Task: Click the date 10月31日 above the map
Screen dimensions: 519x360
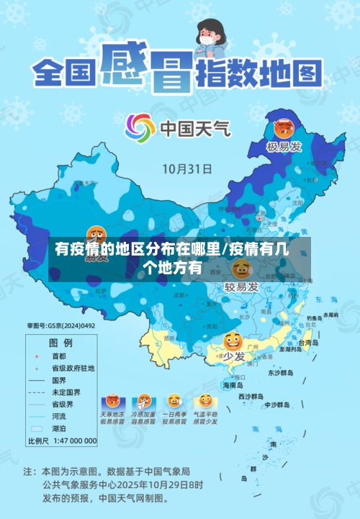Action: click(x=187, y=169)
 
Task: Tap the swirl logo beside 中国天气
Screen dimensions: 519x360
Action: click(x=140, y=128)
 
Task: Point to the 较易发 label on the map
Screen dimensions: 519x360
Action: click(x=241, y=287)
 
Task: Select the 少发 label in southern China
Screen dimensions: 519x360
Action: click(x=233, y=356)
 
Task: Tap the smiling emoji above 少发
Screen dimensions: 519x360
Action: click(x=233, y=340)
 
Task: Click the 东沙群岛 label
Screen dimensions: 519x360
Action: click(x=281, y=373)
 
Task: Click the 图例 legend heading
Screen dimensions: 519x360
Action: click(x=60, y=342)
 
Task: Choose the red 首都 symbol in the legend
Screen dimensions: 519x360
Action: click(x=36, y=356)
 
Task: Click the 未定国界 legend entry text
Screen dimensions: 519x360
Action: click(x=66, y=392)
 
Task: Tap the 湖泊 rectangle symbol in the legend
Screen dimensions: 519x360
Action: click(x=37, y=428)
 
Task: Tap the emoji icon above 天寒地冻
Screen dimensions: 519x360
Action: click(x=112, y=401)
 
